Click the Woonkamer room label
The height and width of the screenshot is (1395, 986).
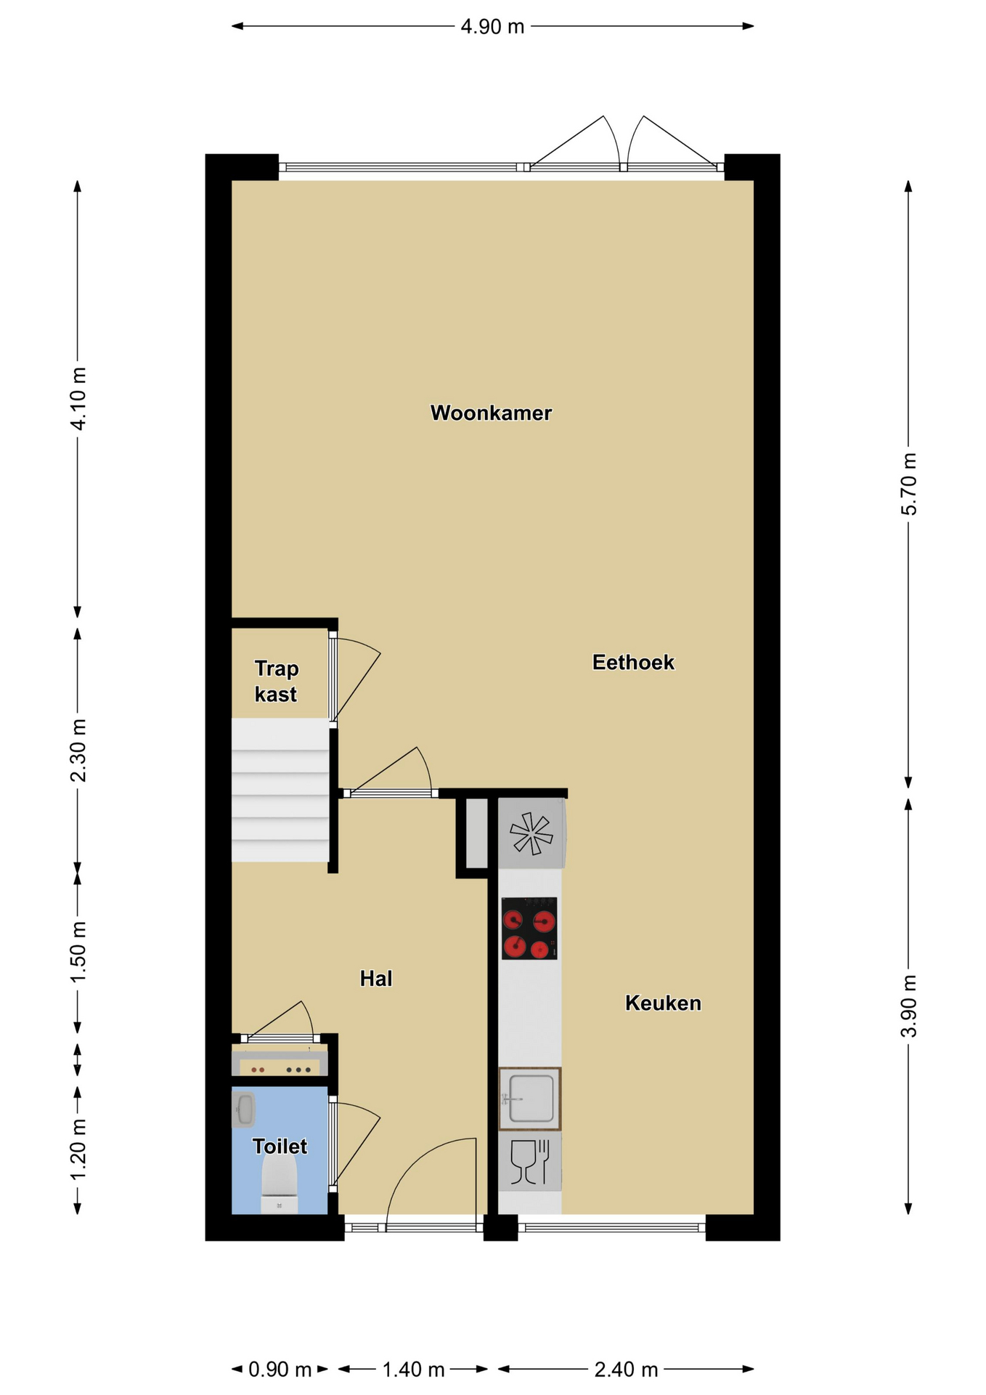[491, 413]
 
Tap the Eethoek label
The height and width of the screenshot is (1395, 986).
[633, 662]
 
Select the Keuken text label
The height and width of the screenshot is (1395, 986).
[663, 1003]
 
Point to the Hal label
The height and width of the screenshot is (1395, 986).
[376, 978]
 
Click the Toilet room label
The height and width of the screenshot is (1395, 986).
[280, 1146]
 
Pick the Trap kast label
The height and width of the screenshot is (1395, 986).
[276, 681]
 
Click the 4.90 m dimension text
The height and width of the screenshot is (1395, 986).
[492, 27]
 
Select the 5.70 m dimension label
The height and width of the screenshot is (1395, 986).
[909, 484]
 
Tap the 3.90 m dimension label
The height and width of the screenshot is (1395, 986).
[909, 1006]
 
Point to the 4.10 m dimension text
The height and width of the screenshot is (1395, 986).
[78, 399]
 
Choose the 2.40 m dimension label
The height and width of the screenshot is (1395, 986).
[626, 1370]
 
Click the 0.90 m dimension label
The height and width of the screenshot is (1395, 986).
[280, 1370]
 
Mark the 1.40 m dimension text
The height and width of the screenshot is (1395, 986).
[413, 1370]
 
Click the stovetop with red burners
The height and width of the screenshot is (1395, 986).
[529, 928]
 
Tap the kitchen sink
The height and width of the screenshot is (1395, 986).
[529, 1099]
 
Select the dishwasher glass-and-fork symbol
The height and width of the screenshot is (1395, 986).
[530, 1162]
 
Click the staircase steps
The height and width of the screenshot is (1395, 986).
[280, 790]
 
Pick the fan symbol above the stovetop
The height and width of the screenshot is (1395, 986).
[531, 833]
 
